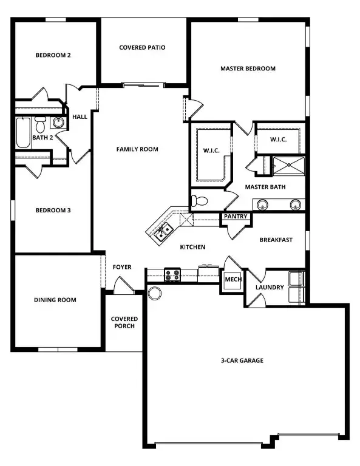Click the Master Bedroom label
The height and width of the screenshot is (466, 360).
pyautogui.click(x=247, y=69)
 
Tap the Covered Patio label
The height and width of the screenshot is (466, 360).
pyautogui.click(x=142, y=47)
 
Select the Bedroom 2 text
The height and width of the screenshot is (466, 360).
pyautogui.click(x=53, y=55)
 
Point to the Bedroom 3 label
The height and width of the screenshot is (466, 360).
pyautogui.click(x=53, y=211)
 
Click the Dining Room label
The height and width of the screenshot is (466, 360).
pyautogui.click(x=55, y=300)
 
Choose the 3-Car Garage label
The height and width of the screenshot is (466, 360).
pyautogui.click(x=242, y=360)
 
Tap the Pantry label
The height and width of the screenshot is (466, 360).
pyautogui.click(x=235, y=216)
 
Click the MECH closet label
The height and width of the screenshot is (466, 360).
pyautogui.click(x=233, y=280)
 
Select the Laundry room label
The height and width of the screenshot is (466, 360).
pyautogui.click(x=270, y=287)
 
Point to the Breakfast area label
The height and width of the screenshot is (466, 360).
pyautogui.click(x=276, y=240)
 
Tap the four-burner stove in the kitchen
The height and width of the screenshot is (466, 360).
pyautogui.click(x=172, y=275)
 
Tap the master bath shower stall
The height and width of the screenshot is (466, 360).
pyautogui.click(x=288, y=164)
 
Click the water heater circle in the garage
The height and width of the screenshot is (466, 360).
pyautogui.click(x=155, y=294)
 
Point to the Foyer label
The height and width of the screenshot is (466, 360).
pyautogui.click(x=122, y=267)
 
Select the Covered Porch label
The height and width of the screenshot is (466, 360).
pyautogui.click(x=124, y=322)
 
